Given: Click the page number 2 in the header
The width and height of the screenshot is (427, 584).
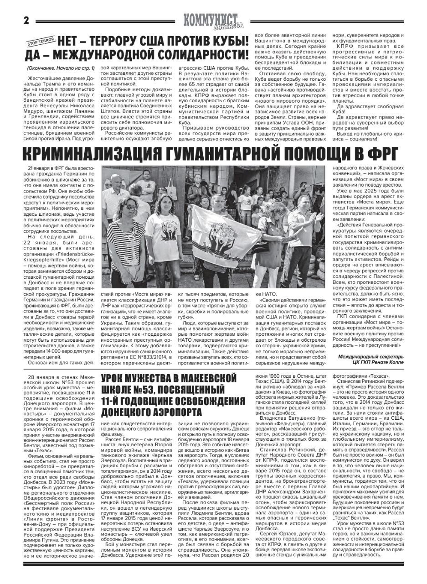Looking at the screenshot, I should pyautogui.click(x=26, y=21).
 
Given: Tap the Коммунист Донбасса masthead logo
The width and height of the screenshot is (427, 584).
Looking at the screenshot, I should pyautogui.click(x=213, y=21).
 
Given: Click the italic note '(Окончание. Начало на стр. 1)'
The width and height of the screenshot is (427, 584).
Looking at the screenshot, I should pyautogui.click(x=61, y=68).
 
